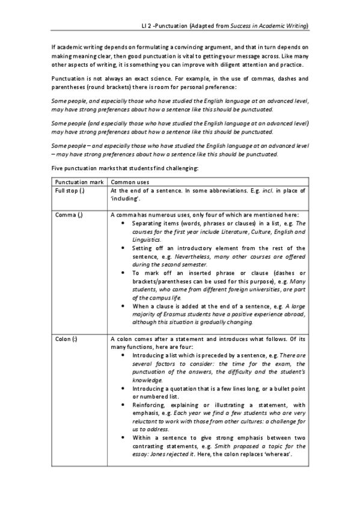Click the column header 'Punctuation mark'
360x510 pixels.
78,182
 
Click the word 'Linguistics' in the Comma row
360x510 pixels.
147,239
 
